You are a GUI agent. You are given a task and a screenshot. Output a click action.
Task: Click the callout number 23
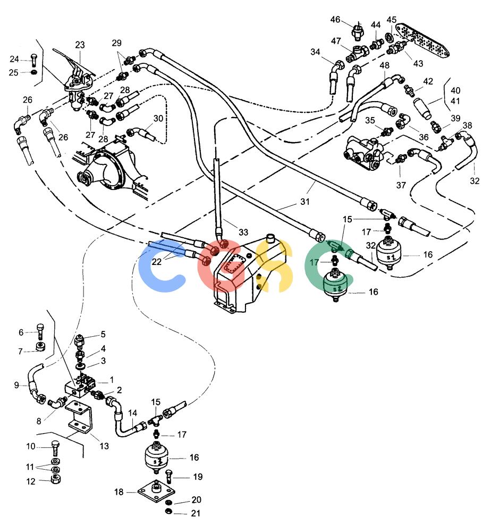(80, 45)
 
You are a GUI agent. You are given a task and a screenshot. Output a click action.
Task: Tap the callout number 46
(335, 20)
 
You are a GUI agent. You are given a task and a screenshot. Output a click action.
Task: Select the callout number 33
(243, 232)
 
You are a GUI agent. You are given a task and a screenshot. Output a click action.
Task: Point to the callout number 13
(104, 446)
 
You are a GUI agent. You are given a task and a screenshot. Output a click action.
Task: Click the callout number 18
(118, 492)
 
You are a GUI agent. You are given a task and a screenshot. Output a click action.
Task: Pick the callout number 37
(401, 185)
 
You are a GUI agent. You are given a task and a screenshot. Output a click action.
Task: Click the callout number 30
(158, 119)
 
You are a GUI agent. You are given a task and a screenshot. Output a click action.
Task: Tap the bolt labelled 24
(33, 60)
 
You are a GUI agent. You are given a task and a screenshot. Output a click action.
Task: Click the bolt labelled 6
(40, 331)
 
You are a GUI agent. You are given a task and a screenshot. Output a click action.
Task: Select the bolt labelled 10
(55, 447)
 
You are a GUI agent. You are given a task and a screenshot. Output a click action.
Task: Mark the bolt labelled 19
(169, 476)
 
